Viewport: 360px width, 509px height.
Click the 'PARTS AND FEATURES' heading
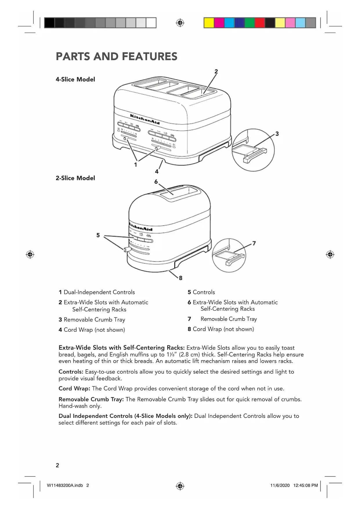point(116,57)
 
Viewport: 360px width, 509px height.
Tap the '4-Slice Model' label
point(75,80)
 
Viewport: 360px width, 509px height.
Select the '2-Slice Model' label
point(75,178)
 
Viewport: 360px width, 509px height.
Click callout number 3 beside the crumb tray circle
point(277,134)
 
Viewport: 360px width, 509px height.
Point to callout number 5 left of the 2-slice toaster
point(98,235)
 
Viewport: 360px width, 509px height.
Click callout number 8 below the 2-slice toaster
point(180,278)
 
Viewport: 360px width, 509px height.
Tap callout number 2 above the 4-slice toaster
point(216,71)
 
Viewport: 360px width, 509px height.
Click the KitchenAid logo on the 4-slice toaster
point(145,119)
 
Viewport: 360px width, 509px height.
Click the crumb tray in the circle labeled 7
point(228,257)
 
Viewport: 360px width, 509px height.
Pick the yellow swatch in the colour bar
point(209,23)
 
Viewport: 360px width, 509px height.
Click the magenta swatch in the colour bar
point(219,23)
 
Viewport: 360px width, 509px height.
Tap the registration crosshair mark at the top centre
point(180,23)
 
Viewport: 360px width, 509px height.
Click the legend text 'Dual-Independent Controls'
point(99,292)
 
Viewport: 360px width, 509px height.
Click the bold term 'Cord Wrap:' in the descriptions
point(74,389)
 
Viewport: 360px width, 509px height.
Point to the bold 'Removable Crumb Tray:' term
point(91,399)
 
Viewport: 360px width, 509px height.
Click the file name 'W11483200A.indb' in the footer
point(65,485)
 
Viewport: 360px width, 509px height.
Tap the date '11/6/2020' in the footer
point(280,485)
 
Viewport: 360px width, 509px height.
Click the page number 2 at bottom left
point(57,465)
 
